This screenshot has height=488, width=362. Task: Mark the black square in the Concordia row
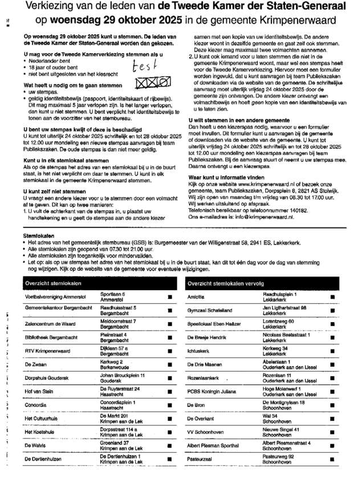[x=170, y=405]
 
